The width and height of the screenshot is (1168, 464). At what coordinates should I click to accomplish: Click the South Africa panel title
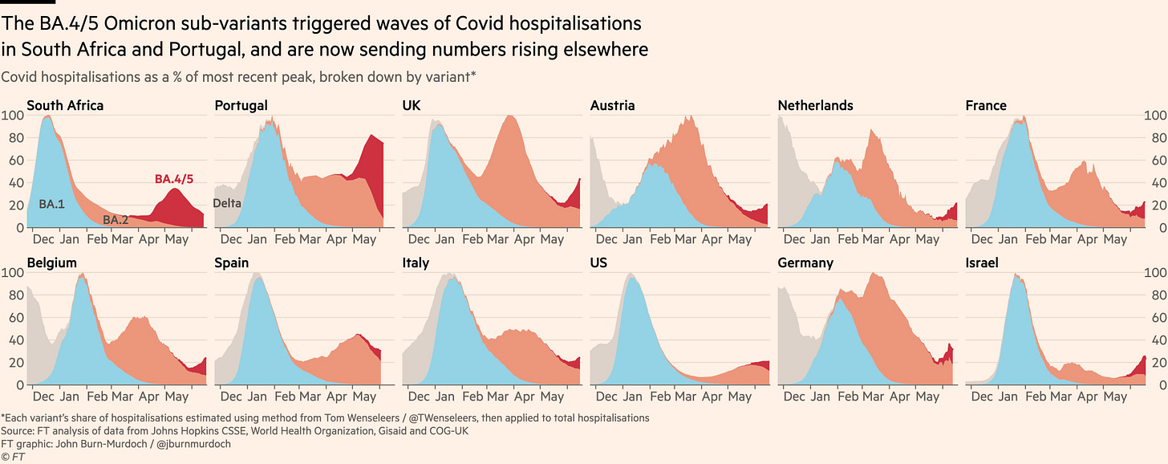pos(65,105)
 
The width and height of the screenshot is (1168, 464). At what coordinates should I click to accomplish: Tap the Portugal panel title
pos(241,105)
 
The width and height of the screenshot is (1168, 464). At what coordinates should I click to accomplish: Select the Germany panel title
pos(805,263)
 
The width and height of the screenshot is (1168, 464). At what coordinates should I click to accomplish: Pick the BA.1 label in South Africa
pos(51,205)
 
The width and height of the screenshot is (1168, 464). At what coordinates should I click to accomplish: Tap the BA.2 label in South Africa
pos(115,219)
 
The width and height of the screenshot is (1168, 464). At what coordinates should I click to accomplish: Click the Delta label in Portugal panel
pos(227,204)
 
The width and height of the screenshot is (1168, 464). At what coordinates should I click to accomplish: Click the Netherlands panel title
pos(816,105)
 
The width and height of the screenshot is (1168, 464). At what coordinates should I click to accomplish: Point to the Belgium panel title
pos(53,263)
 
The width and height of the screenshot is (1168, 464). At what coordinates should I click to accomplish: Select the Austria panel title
pos(612,105)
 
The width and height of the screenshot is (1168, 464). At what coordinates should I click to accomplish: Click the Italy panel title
pos(416,263)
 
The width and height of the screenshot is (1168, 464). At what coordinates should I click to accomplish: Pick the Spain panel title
pos(231,263)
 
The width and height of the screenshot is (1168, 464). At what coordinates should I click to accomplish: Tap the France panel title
pos(986,105)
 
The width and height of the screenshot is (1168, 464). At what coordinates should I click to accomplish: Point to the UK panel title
pos(412,105)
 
